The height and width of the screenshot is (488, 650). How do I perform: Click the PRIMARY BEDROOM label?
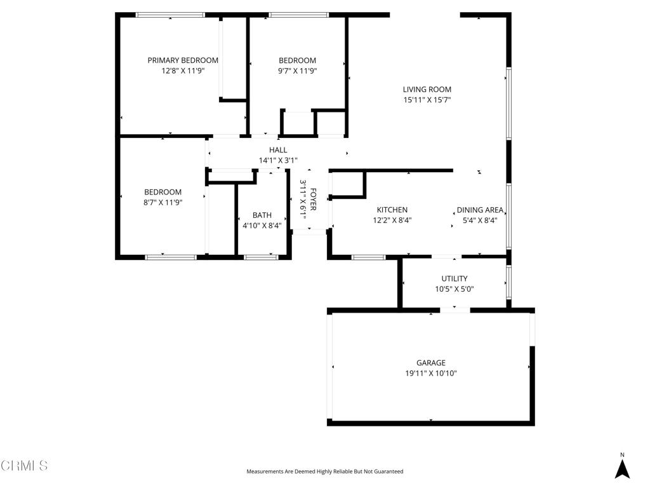tap(183, 60)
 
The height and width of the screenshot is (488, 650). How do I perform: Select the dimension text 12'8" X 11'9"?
tap(183, 71)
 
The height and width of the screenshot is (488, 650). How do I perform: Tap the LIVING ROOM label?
tap(427, 89)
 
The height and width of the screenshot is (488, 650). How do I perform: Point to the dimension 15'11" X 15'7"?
tap(427, 100)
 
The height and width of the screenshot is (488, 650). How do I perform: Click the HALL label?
tap(278, 150)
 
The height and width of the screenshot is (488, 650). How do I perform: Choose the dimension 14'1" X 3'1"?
tap(278, 160)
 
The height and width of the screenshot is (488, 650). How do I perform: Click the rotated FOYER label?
tap(314, 199)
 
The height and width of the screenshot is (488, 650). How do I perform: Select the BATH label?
tap(262, 215)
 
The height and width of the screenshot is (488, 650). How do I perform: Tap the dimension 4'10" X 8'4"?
tap(262, 226)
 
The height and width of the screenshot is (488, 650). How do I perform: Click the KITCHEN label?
tap(392, 210)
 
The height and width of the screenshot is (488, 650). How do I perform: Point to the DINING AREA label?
tap(480, 210)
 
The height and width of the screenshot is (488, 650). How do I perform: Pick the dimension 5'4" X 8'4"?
tap(480, 220)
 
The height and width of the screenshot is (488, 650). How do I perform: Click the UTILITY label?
tap(454, 278)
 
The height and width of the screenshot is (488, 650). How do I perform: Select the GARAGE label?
tap(431, 363)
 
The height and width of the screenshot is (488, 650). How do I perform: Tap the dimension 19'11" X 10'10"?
tap(431, 373)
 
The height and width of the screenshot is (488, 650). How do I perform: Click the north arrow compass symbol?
tap(622, 466)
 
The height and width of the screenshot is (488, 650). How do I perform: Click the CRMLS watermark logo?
tap(24, 465)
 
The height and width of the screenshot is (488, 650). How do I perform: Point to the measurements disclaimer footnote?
tap(325, 471)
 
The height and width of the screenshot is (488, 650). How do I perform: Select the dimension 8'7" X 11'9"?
tap(163, 203)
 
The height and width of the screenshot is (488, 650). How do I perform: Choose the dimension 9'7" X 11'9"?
tap(297, 71)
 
